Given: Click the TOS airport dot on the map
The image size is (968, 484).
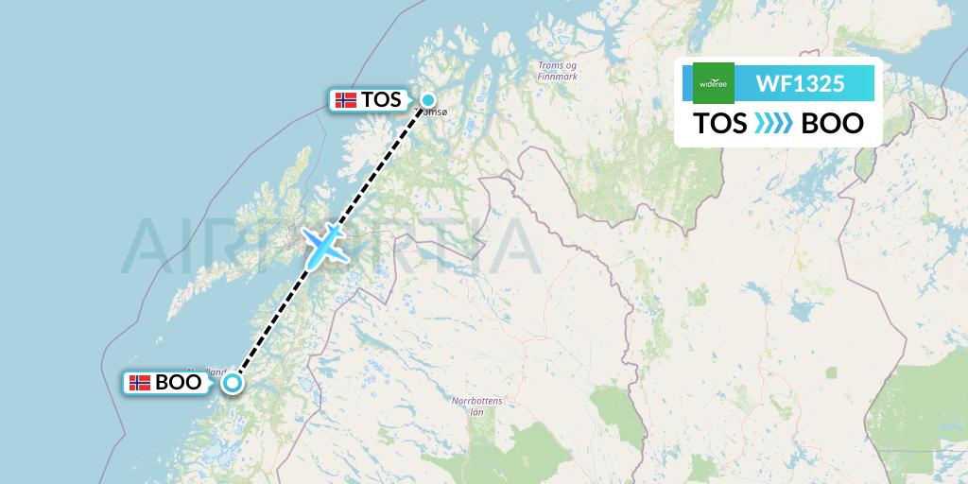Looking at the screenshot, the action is click(428, 100).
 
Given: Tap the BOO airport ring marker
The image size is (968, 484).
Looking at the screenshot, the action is click(233, 383).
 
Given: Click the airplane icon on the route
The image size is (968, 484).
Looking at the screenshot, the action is click(323, 245).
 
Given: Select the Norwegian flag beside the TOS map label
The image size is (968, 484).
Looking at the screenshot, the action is click(346, 99).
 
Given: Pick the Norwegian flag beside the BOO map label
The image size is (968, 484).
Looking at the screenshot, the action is click(140, 383).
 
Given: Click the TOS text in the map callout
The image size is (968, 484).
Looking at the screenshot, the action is click(381, 99).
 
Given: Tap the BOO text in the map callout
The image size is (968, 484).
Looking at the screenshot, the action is click(178, 383).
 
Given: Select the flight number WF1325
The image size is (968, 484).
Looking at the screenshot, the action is click(800, 83).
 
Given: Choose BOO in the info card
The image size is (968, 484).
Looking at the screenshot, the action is click(832, 124).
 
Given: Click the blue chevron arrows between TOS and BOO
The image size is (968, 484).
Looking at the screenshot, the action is click(774, 124).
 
